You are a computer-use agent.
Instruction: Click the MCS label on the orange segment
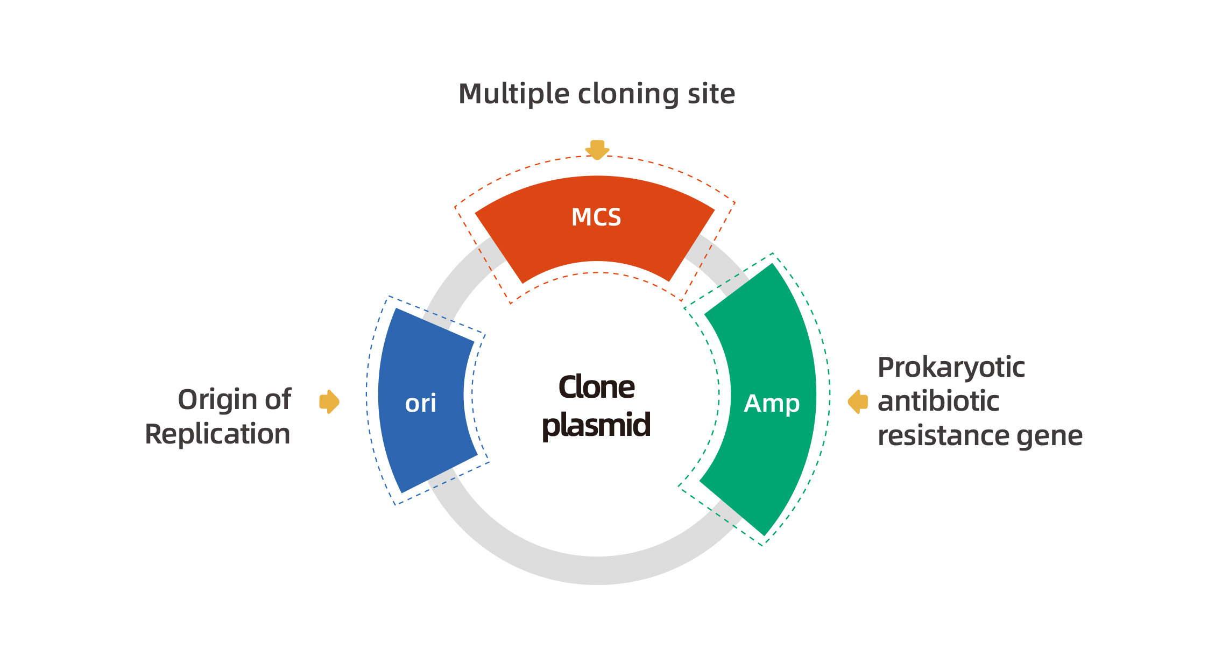coord(596,217)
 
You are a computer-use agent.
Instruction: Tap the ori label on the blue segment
coord(420,403)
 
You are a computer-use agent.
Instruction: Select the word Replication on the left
coord(217,434)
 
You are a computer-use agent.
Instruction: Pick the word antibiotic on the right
coord(938,402)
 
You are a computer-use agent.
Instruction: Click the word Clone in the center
coord(596,387)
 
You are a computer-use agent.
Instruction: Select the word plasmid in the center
coord(596,425)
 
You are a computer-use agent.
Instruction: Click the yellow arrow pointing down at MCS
coord(597,150)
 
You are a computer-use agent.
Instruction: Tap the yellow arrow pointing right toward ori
coord(329,402)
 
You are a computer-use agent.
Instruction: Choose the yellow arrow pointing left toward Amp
coord(858,402)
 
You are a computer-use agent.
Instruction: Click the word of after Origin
coord(278,399)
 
